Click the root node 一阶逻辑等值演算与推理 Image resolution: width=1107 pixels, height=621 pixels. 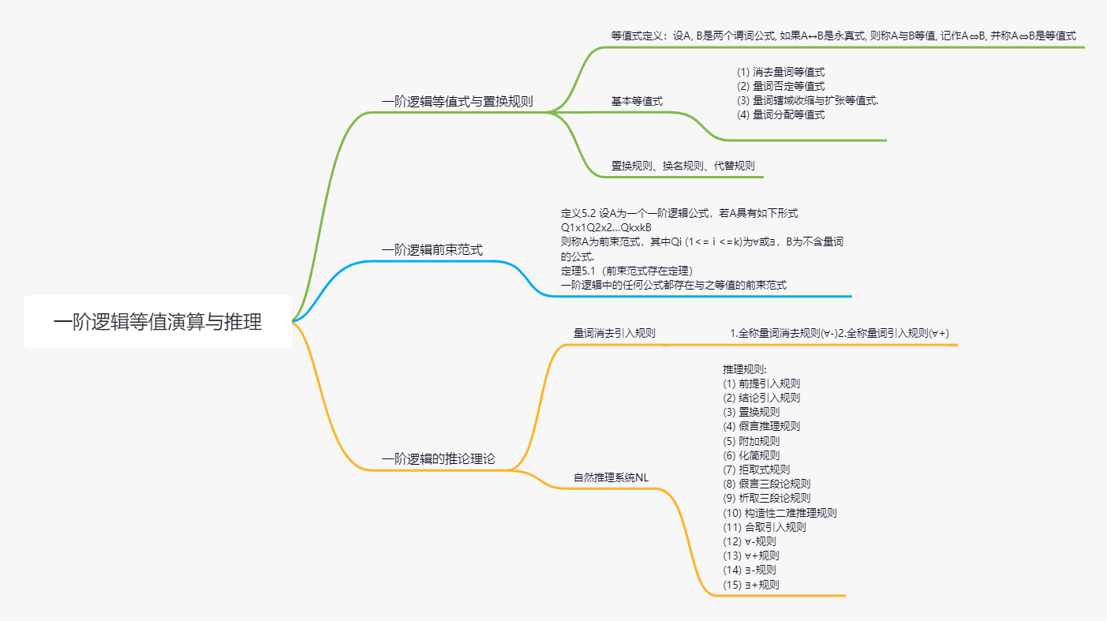[158, 322]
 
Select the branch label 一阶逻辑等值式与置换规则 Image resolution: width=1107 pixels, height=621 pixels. [458, 101]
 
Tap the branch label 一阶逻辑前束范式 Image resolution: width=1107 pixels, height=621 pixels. [432, 250]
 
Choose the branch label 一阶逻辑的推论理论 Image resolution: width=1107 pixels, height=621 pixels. [439, 458]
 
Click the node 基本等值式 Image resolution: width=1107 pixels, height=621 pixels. [637, 101]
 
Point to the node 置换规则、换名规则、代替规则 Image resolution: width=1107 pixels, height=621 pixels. [683, 166]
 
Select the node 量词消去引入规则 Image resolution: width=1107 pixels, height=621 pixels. [614, 333]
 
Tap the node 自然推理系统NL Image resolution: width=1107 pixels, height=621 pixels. [611, 477]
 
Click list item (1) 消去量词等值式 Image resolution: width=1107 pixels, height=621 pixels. [780, 72]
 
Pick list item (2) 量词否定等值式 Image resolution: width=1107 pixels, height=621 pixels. [780, 86]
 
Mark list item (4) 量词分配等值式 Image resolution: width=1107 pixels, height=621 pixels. [780, 114]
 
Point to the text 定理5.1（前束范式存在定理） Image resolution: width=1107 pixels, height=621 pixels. [626, 271]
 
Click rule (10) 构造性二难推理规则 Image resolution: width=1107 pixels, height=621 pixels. [780, 513]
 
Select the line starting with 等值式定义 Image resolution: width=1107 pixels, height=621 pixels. [843, 36]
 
